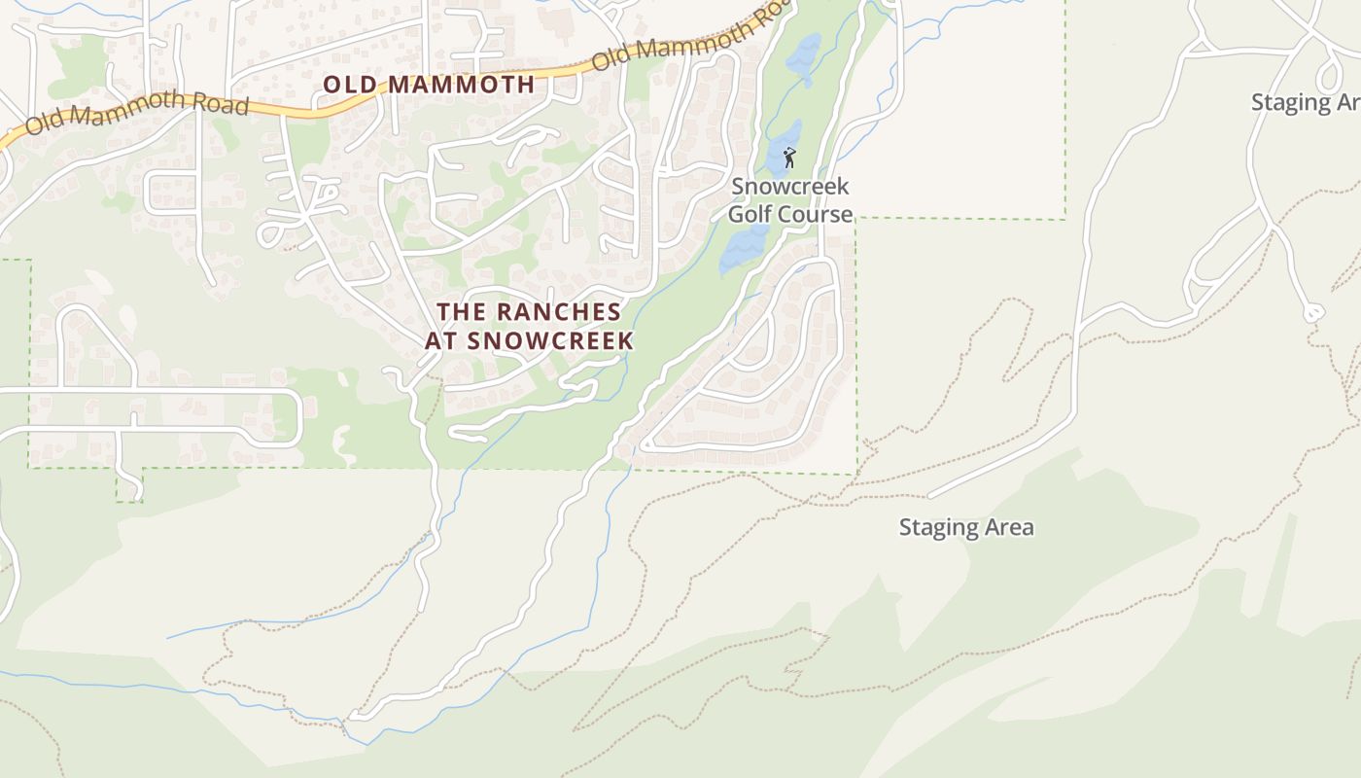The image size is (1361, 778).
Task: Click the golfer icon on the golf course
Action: pos(789,157)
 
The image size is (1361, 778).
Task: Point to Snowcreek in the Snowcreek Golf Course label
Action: pos(790,186)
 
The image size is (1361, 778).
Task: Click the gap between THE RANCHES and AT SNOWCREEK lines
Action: pos(529,327)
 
